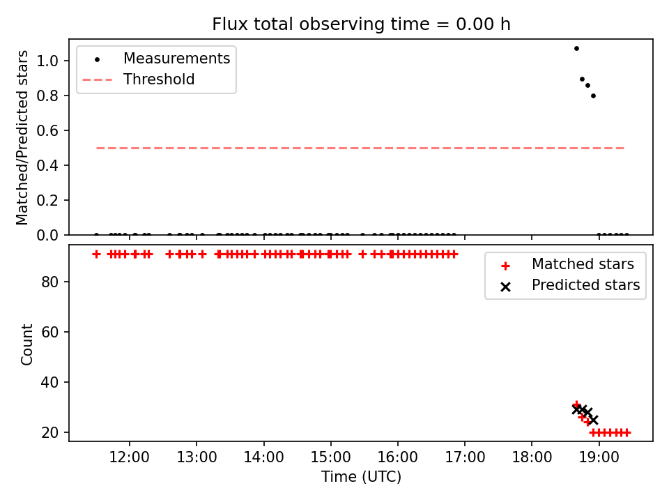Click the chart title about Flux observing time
click(361, 24)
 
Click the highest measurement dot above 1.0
click(576, 48)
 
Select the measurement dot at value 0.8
click(593, 96)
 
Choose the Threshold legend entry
click(139, 79)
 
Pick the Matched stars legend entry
click(567, 264)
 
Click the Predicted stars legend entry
click(570, 285)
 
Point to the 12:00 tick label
click(130, 457)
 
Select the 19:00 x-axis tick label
click(599, 457)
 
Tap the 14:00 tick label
click(263, 457)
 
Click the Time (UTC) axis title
click(361, 476)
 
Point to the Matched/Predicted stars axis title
click(22, 137)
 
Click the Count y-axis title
click(26, 344)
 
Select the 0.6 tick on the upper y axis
click(47, 130)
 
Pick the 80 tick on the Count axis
click(49, 282)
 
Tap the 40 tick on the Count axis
click(49, 382)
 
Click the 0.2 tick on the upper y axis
click(47, 200)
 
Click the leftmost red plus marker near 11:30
click(96, 254)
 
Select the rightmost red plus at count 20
click(626, 432)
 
